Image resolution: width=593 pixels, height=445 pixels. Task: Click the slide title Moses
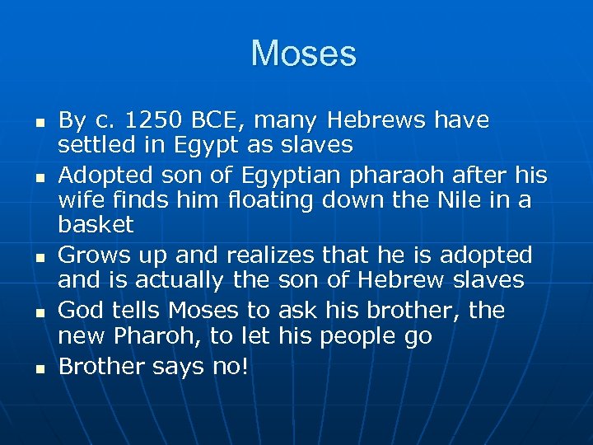[x=304, y=54]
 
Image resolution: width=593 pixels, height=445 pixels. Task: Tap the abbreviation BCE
[x=217, y=121]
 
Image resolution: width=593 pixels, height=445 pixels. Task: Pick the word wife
[x=77, y=199]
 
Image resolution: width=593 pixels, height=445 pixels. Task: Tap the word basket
[x=96, y=224]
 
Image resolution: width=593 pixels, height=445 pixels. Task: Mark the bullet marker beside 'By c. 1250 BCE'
[x=28, y=122]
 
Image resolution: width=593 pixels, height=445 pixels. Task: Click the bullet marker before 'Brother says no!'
[x=28, y=368]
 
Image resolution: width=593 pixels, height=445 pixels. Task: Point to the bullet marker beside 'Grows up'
[x=28, y=256]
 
